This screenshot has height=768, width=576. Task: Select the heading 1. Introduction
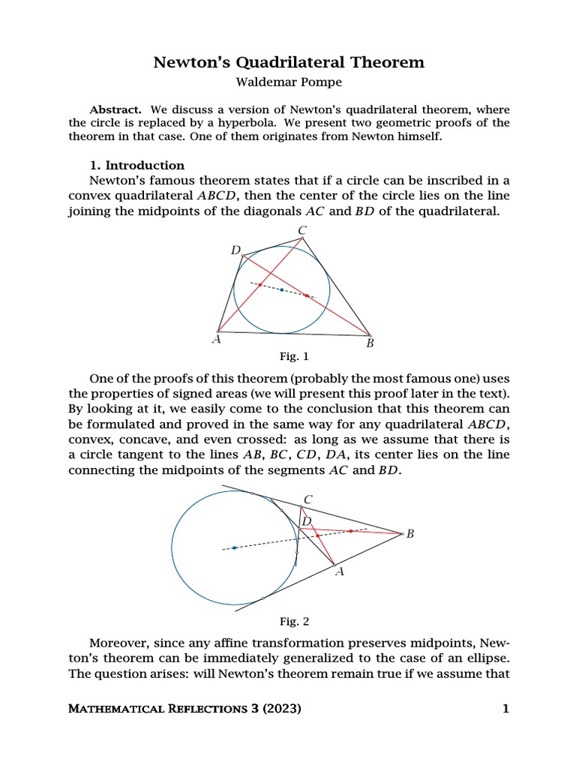pyautogui.click(x=137, y=165)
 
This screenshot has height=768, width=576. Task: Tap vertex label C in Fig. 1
pyautogui.click(x=301, y=230)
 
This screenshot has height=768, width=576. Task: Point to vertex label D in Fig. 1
pyautogui.click(x=235, y=250)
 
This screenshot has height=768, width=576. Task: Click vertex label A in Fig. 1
pyautogui.click(x=217, y=340)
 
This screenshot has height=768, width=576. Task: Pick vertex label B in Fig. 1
pyautogui.click(x=370, y=343)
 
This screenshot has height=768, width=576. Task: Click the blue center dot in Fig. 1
pyautogui.click(x=282, y=289)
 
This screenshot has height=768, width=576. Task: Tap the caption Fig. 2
pyautogui.click(x=294, y=621)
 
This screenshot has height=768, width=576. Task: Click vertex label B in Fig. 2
pyautogui.click(x=410, y=534)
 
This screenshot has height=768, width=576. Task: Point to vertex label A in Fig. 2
pyautogui.click(x=338, y=572)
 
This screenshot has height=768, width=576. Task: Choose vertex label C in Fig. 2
pyautogui.click(x=307, y=499)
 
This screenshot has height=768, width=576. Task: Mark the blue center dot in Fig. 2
pyautogui.click(x=235, y=547)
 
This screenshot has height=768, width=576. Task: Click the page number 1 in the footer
pyautogui.click(x=505, y=709)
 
